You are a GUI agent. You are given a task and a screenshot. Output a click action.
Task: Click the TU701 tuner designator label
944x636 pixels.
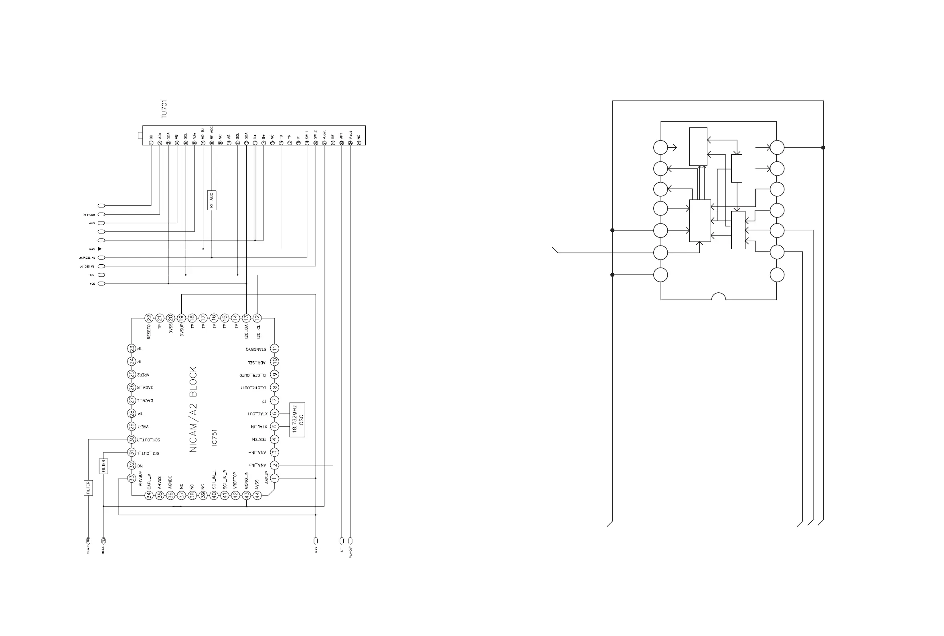pos(164,109)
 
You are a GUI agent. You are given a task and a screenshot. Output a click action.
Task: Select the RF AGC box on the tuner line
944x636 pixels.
pos(211,200)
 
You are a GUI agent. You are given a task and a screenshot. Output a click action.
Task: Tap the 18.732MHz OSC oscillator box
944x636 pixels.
pos(297,419)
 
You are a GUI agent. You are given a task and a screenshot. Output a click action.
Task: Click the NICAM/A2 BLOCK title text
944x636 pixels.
pos(193,409)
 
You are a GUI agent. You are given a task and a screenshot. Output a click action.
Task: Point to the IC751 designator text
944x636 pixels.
pos(215,437)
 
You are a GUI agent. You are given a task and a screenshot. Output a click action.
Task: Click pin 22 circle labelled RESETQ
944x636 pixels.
pos(149,318)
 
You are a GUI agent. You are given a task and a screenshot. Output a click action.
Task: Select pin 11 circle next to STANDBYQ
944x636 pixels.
pos(274,348)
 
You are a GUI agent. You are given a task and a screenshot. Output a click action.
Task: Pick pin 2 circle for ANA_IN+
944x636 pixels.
pos(274,465)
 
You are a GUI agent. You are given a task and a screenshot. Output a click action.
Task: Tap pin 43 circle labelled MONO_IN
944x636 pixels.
pos(246,495)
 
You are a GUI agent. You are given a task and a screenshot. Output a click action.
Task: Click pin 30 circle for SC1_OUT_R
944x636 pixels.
pos(132,439)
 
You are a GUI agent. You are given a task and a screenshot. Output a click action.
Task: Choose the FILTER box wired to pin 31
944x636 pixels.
pos(103,466)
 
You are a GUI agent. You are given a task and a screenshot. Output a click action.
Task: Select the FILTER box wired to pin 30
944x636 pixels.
pos(88,487)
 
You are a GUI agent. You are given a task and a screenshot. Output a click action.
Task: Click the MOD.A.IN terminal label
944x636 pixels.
pos(89,215)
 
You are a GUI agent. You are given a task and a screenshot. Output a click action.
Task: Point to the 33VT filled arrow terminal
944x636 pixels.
pos(100,249)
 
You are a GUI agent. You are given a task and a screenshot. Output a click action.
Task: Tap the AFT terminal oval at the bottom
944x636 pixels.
pos(341,541)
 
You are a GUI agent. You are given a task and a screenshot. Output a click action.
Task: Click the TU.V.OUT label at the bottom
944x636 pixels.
pos(351,551)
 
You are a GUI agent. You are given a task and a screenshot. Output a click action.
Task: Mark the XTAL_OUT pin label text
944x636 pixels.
pos(257,414)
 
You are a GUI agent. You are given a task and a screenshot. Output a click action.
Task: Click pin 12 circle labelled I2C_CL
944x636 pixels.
pos(257,318)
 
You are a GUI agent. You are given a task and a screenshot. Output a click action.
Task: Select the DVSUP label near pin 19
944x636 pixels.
pos(182,329)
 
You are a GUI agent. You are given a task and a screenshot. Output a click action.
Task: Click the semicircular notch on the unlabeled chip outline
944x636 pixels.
pos(719,296)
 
